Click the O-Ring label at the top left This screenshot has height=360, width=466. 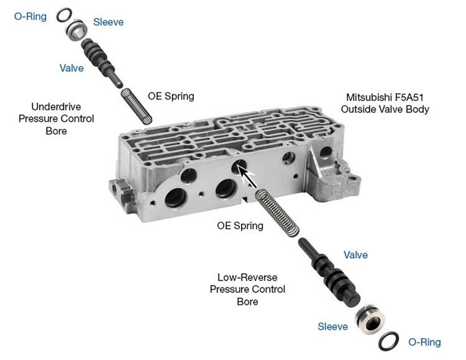point(30,16)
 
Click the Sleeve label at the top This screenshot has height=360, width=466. point(108,22)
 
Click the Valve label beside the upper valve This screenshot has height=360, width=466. point(71,68)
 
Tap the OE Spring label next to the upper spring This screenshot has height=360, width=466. point(171,96)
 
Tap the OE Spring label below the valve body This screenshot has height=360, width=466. point(240,226)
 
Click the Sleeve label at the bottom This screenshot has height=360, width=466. point(332,326)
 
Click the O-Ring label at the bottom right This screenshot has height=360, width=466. point(424,342)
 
